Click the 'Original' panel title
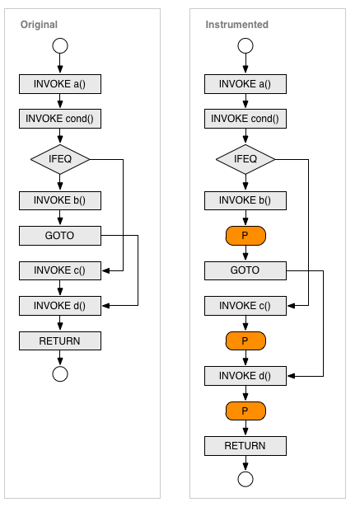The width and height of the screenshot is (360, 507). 39,25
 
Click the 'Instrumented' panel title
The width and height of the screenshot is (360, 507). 237,25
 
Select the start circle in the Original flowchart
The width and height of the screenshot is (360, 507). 60,45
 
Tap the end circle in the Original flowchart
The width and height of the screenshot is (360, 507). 60,374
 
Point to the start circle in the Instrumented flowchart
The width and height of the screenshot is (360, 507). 245,45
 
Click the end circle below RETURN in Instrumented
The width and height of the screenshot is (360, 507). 245,479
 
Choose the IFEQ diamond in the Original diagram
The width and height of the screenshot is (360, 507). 60,159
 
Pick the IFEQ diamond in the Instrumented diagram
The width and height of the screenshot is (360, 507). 245,159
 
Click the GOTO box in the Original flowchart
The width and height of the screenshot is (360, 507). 60,236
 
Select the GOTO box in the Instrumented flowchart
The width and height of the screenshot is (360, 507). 245,270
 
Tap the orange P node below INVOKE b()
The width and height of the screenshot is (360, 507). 245,236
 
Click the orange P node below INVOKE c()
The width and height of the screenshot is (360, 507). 245,340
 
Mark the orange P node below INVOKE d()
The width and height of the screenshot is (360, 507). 245,411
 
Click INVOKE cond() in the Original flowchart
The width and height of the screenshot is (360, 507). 60,119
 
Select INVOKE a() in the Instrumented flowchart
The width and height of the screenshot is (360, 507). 245,84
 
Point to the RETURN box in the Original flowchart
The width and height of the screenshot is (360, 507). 60,340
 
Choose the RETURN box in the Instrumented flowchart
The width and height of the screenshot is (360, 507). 245,446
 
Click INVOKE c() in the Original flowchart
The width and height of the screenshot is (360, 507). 60,270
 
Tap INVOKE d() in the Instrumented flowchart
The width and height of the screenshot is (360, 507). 245,376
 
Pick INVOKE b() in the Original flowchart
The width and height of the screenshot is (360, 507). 60,200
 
